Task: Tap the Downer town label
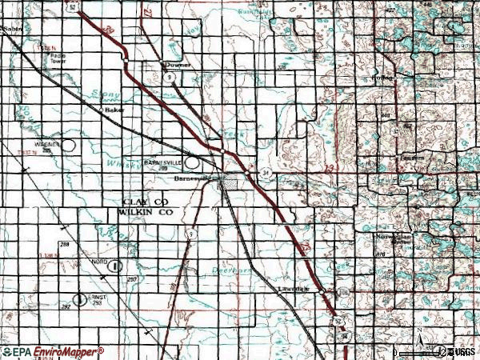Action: pos(174,65)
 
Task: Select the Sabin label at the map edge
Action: pos(10,29)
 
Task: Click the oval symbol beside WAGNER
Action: pos(70,146)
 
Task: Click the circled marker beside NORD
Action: pos(117,266)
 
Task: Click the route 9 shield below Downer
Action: pos(171,76)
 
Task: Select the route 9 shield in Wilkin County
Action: pos(192,234)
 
